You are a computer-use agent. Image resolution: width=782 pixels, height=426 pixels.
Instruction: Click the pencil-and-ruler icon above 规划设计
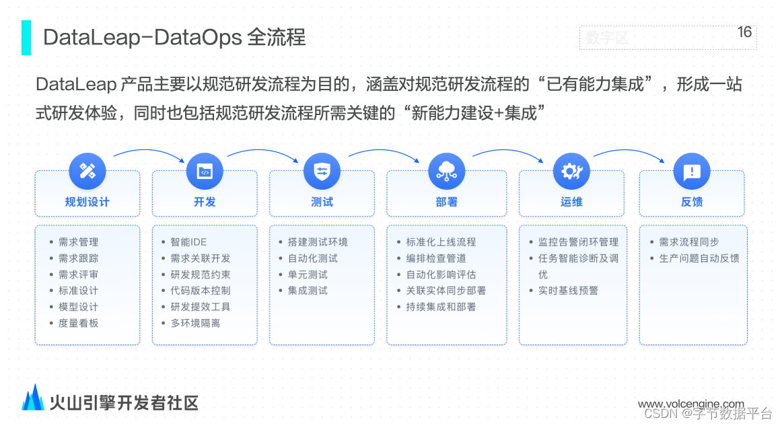click(87, 171)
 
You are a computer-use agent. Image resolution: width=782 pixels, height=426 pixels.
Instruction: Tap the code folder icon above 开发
click(205, 171)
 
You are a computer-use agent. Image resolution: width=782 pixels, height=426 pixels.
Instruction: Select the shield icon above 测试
click(322, 171)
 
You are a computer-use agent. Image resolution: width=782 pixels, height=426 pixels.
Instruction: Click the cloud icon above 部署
click(447, 171)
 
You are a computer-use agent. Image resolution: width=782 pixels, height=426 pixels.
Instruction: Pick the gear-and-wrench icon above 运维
click(571, 171)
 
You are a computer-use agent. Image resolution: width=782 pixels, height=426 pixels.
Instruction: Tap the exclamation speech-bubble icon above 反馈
click(692, 171)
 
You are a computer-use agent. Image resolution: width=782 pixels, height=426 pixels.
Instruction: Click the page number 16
click(744, 32)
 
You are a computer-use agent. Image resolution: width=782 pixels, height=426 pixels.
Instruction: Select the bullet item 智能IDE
click(188, 242)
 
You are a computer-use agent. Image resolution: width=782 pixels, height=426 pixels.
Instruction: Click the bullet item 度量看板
click(78, 323)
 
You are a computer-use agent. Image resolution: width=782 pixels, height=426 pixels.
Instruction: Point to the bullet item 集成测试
click(308, 291)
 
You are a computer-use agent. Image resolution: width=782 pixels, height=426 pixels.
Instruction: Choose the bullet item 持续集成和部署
click(441, 307)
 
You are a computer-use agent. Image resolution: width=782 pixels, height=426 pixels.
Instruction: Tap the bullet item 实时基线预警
click(568, 291)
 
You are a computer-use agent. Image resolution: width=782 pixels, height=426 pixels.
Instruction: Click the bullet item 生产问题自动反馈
click(699, 258)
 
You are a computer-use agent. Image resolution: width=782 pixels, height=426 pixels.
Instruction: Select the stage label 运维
click(571, 202)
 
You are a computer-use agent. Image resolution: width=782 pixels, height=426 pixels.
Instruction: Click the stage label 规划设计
click(87, 202)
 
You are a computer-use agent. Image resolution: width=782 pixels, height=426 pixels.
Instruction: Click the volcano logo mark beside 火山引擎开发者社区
click(33, 398)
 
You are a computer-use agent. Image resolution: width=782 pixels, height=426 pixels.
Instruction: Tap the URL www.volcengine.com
click(691, 404)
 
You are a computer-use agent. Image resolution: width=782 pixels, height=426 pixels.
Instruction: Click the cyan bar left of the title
click(26, 37)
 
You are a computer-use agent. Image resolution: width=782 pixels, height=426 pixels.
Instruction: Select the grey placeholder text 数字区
click(606, 38)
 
